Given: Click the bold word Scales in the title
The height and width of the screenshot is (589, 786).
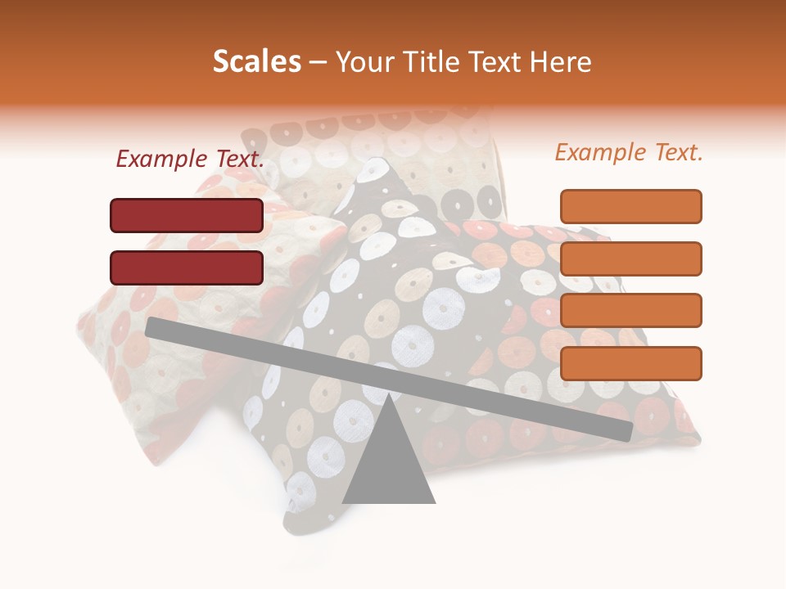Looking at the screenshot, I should click(x=256, y=62).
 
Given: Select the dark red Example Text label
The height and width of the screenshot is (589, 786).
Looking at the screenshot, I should click(x=190, y=160).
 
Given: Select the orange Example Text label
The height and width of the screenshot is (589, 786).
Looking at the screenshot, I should click(x=629, y=152).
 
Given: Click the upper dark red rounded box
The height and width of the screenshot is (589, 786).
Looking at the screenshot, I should click(x=187, y=215).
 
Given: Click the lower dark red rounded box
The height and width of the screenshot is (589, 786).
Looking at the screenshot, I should click(x=187, y=268).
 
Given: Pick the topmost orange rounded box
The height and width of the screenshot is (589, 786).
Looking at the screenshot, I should click(x=630, y=206).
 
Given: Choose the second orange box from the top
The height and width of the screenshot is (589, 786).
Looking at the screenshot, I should click(x=630, y=259).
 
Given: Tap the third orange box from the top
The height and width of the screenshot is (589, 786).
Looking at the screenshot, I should click(x=630, y=311).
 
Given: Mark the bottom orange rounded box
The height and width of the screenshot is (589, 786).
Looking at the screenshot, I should click(x=630, y=363).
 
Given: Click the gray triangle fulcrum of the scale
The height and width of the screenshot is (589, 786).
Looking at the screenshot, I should click(x=388, y=458).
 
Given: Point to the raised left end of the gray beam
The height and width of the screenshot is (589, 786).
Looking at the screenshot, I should click(x=152, y=327).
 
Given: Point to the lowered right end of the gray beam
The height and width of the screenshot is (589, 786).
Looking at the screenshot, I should click(x=626, y=430).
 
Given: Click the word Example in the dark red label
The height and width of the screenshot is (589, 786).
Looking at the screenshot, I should click(x=162, y=160).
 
